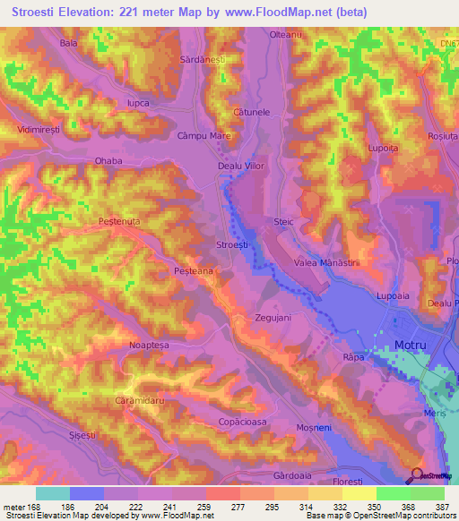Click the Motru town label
coord(411,345)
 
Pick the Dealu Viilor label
coord(243,166)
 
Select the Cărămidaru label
coord(137,401)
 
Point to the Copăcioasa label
coord(242,421)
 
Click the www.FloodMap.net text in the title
coord(271,12)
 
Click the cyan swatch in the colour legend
coord(53,493)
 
